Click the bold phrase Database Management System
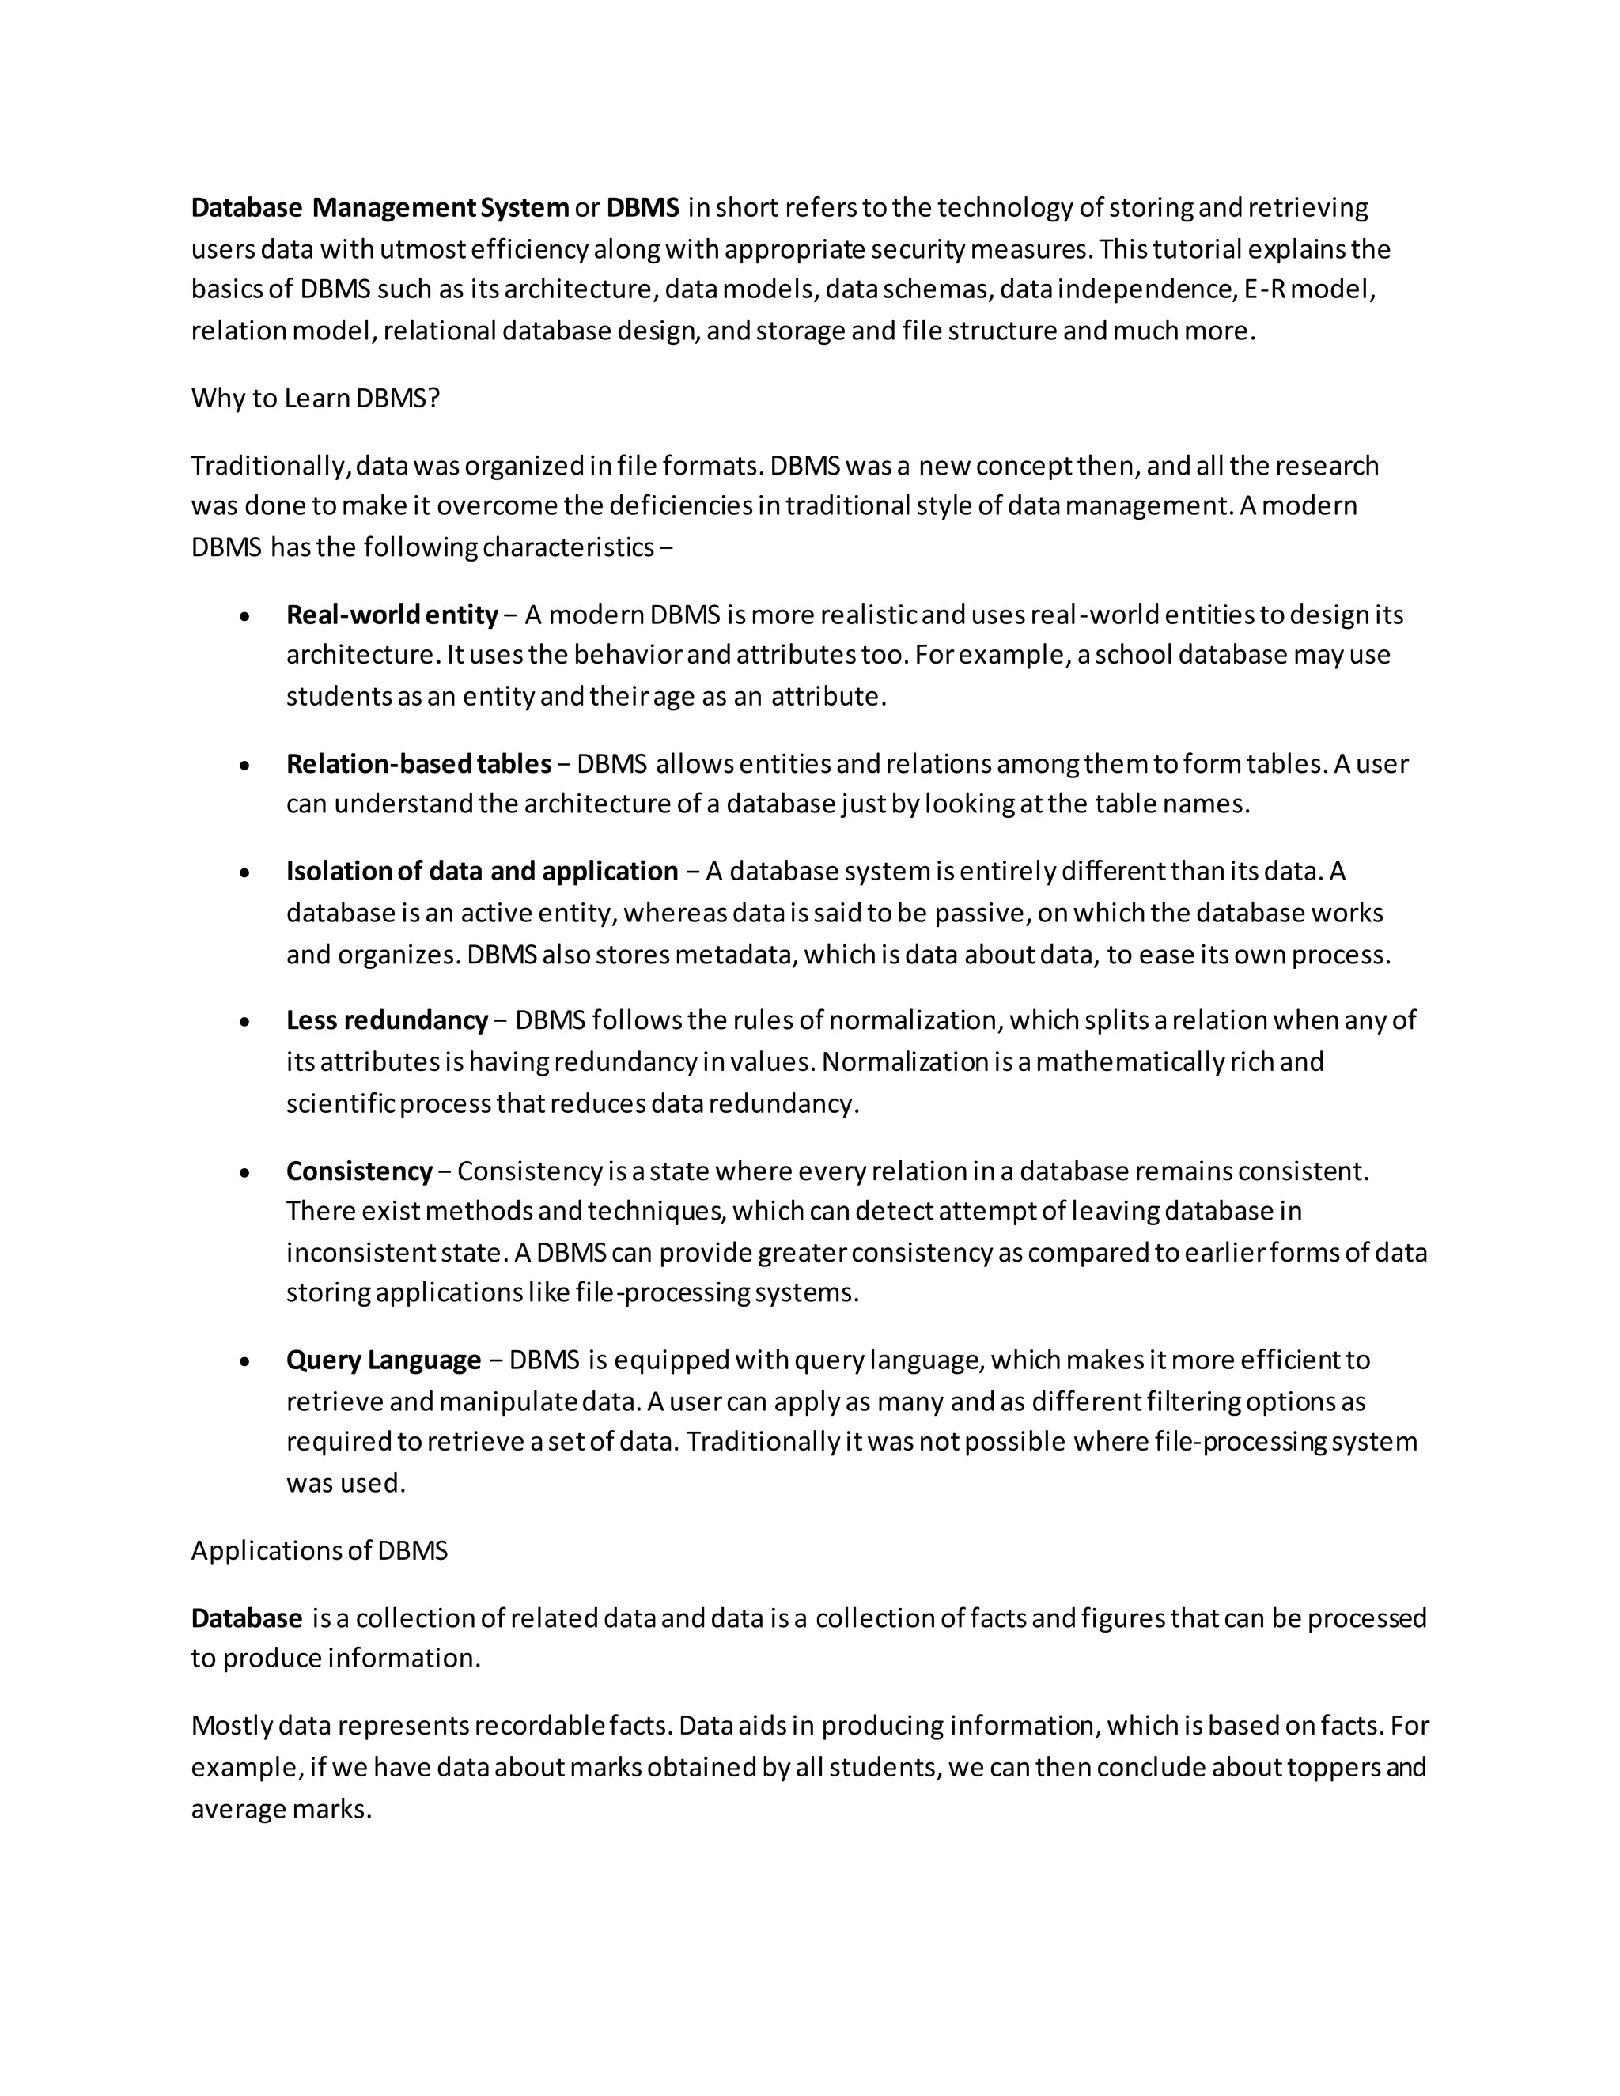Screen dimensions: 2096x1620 379,207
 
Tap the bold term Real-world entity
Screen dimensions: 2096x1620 392,615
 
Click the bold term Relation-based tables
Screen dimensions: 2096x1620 418,764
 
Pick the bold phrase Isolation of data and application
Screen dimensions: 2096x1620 482,872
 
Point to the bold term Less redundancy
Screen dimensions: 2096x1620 387,1020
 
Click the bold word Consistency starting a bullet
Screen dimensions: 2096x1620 359,1171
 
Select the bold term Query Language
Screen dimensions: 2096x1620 383,1360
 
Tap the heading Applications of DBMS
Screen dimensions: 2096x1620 319,1551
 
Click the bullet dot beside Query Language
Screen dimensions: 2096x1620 246,1361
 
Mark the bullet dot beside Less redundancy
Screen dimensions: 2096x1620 246,1021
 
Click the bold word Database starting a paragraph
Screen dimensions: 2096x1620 247,1618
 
